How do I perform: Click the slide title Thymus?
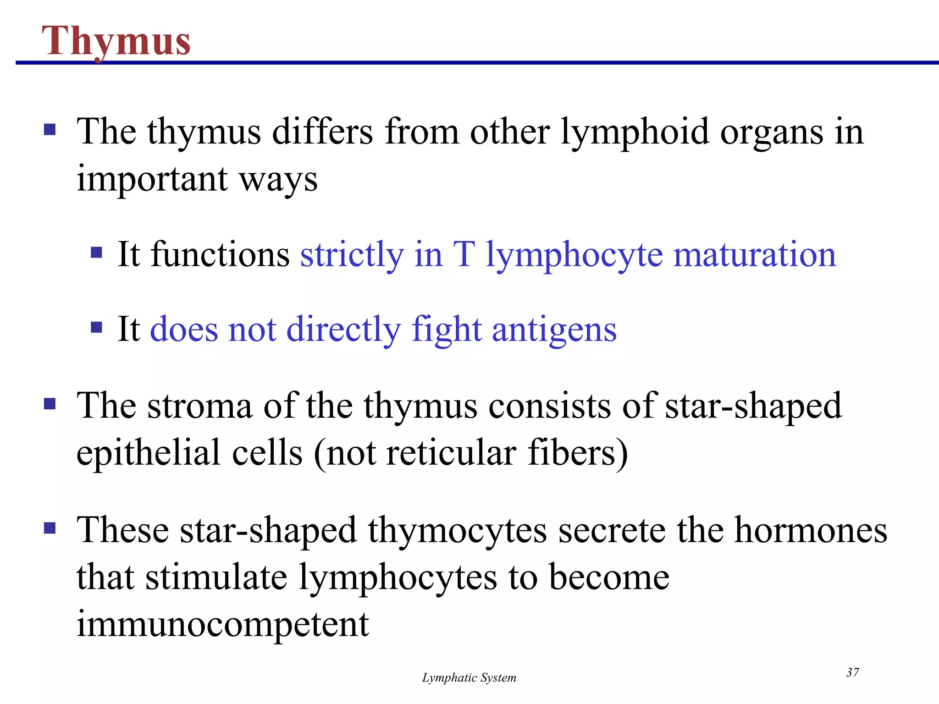(116, 41)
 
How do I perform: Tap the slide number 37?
(852, 672)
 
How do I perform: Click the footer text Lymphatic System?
(469, 678)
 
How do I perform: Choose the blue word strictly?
(352, 255)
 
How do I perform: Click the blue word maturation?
(755, 255)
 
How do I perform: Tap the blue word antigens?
(554, 330)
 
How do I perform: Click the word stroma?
(200, 406)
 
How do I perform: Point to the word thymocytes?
(458, 531)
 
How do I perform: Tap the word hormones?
(811, 531)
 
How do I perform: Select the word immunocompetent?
(223, 624)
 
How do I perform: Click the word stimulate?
(216, 577)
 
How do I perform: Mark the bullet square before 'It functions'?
(96, 253)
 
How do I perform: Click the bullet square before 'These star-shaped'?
(50, 528)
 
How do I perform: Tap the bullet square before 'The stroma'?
(50, 404)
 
